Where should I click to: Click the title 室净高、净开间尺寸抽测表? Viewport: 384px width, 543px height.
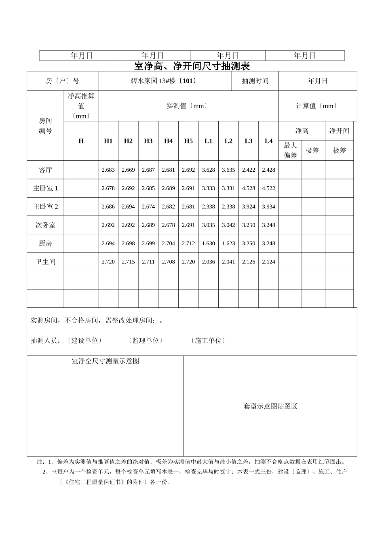(192, 66)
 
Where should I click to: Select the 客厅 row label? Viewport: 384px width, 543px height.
(45, 170)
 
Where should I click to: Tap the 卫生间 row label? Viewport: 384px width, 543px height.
(45, 262)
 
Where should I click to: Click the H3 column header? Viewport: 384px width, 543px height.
(148, 141)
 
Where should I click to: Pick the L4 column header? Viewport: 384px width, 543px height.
(268, 141)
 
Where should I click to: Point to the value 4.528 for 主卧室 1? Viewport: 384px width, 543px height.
(248, 188)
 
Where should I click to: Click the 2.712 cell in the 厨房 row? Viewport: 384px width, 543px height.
(188, 244)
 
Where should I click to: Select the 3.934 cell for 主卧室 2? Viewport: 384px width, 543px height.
(268, 207)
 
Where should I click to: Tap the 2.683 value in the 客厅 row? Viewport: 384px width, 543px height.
(108, 170)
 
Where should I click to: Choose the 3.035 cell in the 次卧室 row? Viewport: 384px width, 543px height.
(208, 225)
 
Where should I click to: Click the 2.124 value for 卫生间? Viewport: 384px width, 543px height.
(268, 262)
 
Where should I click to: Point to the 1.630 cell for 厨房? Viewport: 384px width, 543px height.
(208, 244)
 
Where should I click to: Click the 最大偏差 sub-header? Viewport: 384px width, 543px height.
(290, 150)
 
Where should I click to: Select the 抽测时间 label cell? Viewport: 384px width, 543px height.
(255, 81)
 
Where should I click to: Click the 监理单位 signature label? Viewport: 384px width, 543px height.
(146, 341)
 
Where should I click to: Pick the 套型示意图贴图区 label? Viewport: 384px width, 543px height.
(270, 406)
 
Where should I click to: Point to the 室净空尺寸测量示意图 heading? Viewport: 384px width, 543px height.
(105, 361)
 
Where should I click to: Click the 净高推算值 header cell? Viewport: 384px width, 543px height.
(81, 105)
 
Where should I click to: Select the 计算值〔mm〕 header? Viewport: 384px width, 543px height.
(317, 106)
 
